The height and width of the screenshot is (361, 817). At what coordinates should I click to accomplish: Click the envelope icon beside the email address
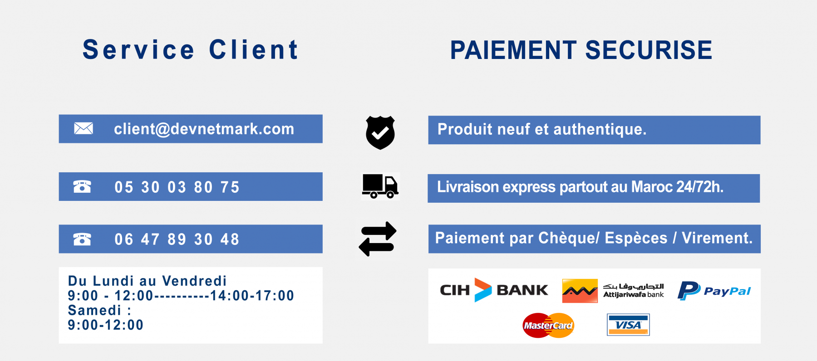point(84,128)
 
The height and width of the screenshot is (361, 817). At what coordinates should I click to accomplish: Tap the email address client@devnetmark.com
point(204,129)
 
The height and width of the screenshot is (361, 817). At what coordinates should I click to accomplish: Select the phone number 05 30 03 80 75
point(177,187)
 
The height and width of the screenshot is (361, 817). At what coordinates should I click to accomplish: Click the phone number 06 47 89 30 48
point(177,239)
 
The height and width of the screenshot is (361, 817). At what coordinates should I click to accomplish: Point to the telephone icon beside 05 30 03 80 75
point(82,186)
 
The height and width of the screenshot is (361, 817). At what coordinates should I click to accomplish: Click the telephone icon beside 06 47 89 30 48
point(82,239)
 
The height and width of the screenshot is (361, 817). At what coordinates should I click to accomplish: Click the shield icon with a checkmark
point(380,132)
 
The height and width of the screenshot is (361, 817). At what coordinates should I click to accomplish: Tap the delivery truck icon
point(380,186)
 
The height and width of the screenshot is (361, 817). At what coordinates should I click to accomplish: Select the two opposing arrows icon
point(378,239)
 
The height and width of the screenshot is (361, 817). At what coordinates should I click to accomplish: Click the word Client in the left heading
point(253,49)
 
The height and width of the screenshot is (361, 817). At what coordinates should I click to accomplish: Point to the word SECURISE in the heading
point(649,50)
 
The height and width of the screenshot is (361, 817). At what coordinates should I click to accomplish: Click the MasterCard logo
point(548,325)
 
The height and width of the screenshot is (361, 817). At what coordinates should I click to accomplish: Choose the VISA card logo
point(628,325)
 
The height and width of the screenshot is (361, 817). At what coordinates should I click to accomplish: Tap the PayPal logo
point(714,291)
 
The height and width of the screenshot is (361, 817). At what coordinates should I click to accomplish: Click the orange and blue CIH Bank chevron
point(483,290)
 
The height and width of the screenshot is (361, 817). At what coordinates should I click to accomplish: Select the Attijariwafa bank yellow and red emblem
point(580,291)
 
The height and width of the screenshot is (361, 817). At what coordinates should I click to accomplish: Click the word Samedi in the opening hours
point(95,310)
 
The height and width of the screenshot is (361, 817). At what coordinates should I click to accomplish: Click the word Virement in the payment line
point(717,238)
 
